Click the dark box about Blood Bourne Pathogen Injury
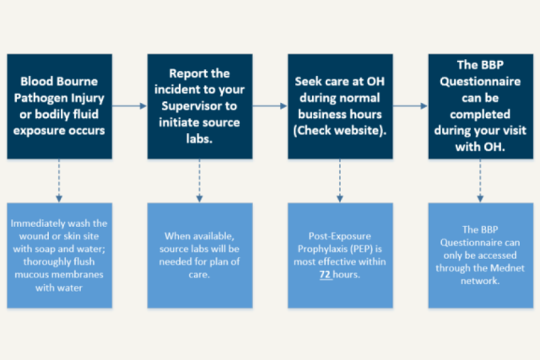point(60,106)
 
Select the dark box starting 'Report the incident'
point(199,106)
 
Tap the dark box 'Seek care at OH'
point(339,106)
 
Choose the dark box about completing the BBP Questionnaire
point(479,106)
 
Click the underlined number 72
point(325,274)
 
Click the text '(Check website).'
point(339,131)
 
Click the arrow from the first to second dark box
point(129,106)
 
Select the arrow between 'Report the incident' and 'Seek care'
point(269,106)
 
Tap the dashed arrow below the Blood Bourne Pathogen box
point(60,180)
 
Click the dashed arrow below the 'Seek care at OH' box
point(339,180)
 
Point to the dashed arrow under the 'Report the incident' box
point(199,180)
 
